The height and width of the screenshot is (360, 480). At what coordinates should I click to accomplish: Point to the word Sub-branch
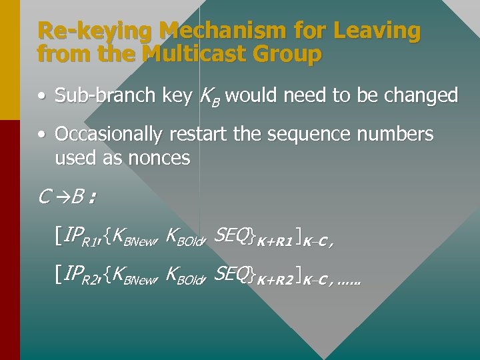pos(105,96)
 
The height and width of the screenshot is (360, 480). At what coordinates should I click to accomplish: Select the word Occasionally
pos(108,135)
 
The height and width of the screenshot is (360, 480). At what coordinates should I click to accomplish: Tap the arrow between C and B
pos(61,197)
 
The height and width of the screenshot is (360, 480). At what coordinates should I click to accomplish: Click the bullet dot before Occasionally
pos(42,135)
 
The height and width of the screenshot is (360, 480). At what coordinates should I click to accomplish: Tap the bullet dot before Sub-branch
pos(42,96)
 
